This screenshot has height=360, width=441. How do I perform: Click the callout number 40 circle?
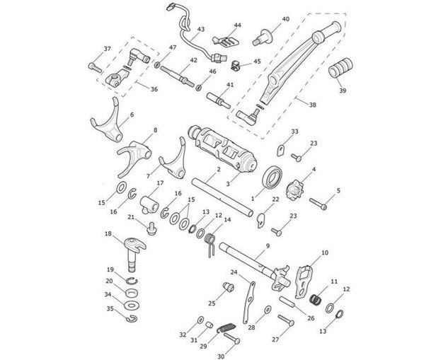(x=285, y=19)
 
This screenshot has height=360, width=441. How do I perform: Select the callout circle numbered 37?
(x=108, y=49)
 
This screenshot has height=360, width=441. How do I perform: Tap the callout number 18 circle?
(x=108, y=233)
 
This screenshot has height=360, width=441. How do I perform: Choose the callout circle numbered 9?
(x=268, y=245)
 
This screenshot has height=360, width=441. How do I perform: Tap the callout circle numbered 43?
(x=200, y=29)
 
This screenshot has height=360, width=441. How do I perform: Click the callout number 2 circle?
(x=199, y=170)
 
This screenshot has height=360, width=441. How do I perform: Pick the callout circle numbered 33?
(x=294, y=132)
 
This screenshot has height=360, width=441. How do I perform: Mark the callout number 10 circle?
(x=325, y=252)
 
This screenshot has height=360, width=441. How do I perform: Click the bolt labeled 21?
(x=151, y=228)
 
